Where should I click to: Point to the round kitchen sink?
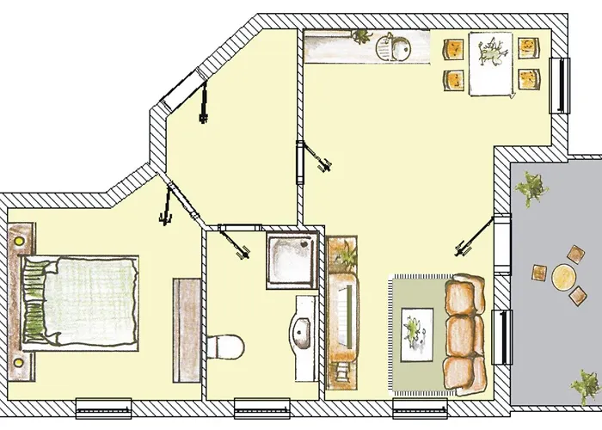tap(396, 47)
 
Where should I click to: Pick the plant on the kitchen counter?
tap(362, 36)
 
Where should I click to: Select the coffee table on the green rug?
tap(419, 327)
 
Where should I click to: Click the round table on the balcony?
tap(564, 277)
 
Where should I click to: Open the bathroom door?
tap(233, 240)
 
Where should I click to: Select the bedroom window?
tap(103, 402)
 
